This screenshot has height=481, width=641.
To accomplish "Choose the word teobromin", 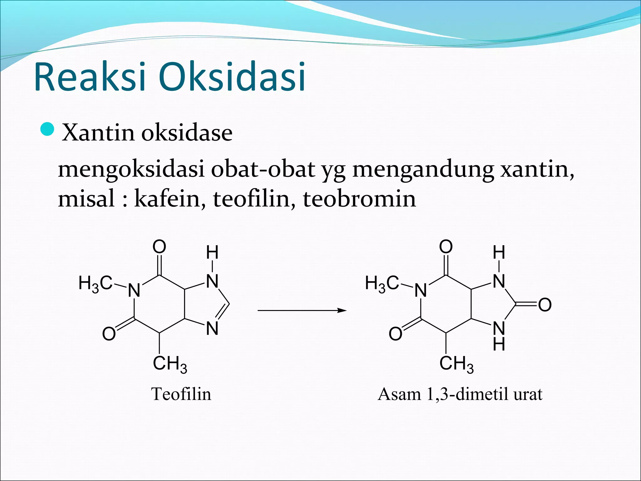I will click(x=359, y=199).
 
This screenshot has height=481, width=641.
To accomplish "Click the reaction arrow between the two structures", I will click(x=302, y=310).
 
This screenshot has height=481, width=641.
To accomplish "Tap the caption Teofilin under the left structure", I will click(x=181, y=394).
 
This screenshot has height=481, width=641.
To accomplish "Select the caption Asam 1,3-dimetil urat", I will click(x=460, y=394).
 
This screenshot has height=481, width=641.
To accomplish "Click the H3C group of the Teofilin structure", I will click(x=95, y=284).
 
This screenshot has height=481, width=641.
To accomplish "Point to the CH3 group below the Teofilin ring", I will click(x=170, y=364).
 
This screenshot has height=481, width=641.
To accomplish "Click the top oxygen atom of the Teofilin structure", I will click(x=159, y=246).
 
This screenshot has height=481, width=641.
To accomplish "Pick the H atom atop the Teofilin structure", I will click(x=212, y=252).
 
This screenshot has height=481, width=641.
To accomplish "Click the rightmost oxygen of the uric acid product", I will click(x=545, y=304).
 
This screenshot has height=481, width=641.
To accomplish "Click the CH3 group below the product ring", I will click(x=456, y=364).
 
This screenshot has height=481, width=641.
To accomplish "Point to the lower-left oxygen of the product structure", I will click(x=396, y=334).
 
